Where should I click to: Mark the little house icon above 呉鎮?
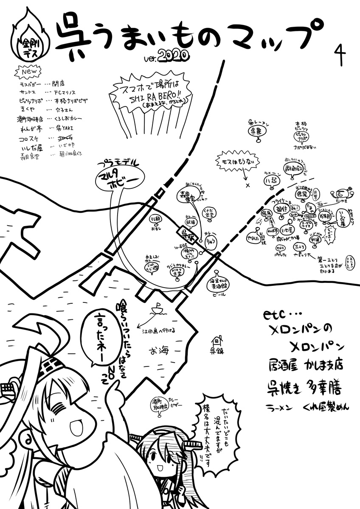(217, 340)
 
